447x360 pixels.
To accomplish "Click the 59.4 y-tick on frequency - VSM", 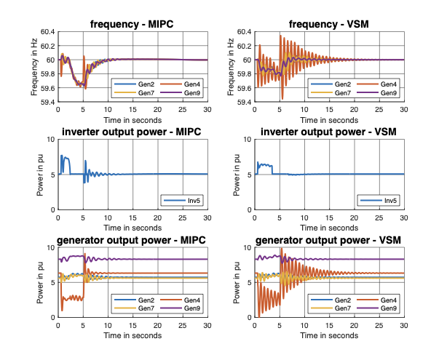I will pyautogui.click(x=241, y=103).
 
